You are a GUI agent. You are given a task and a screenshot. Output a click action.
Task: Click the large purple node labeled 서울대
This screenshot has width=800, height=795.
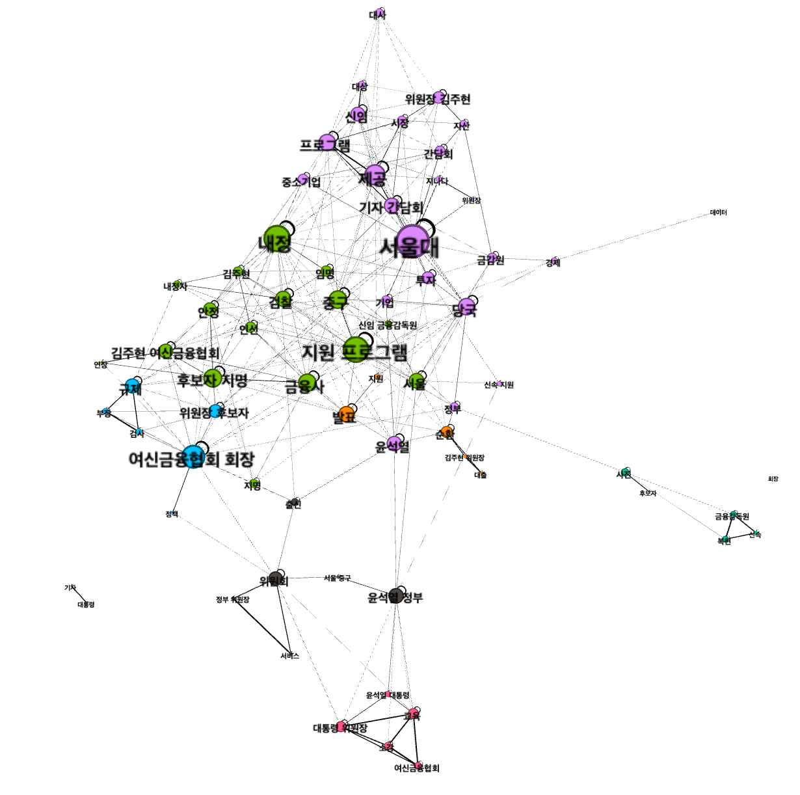pos(412,241)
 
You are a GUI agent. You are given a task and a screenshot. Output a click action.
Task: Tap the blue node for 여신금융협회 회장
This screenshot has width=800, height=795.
pos(193,457)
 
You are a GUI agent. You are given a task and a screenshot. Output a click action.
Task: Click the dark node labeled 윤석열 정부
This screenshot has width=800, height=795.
pos(395,595)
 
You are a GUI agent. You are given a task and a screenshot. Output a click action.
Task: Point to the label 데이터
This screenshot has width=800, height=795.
pos(718,213)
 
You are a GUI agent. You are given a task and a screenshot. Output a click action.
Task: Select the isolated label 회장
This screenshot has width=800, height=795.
pos(773,479)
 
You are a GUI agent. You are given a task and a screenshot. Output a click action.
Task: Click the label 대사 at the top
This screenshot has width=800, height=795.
pos(378,14)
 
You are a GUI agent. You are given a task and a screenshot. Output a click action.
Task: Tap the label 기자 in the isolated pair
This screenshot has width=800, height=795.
pos(70,587)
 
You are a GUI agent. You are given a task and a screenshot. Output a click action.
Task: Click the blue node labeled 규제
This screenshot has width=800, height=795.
pos(133,386)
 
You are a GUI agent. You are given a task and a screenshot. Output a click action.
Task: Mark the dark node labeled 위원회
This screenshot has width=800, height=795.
pos(276,580)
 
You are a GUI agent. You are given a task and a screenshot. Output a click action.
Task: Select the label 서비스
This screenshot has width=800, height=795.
pos(289,656)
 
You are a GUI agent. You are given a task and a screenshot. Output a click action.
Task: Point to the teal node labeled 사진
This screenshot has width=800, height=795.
pos(625,472)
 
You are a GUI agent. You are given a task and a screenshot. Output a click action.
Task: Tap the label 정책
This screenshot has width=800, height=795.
pos(171,514)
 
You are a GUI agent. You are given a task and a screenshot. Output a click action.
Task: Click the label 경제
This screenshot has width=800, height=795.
pos(553,262)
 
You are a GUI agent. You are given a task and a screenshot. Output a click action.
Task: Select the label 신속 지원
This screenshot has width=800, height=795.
pos(499,384)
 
